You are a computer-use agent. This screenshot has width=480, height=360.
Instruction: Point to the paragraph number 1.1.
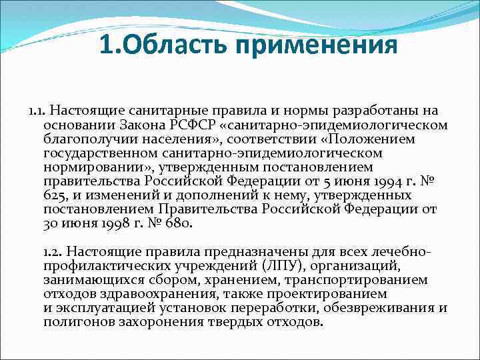click(x=37, y=109)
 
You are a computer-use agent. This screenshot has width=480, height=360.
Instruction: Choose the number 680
click(x=176, y=223)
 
